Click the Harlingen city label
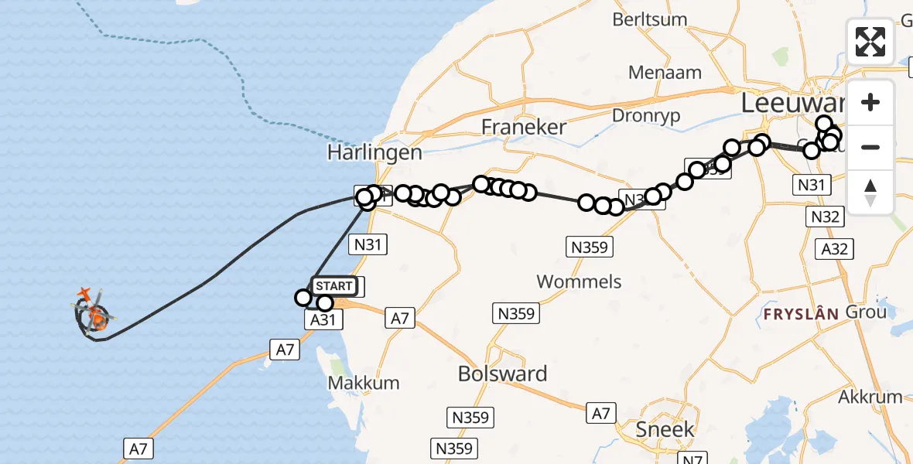click(x=374, y=152)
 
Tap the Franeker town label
click(x=523, y=127)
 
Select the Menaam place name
click(x=665, y=73)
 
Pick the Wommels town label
click(x=579, y=281)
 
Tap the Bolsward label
click(x=502, y=374)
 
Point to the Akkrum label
click(x=870, y=397)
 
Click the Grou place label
click(x=866, y=313)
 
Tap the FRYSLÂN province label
click(x=801, y=314)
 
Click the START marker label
click(x=334, y=286)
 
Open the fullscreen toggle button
click(x=870, y=42)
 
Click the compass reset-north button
click(x=870, y=192)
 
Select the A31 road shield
click(x=323, y=319)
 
